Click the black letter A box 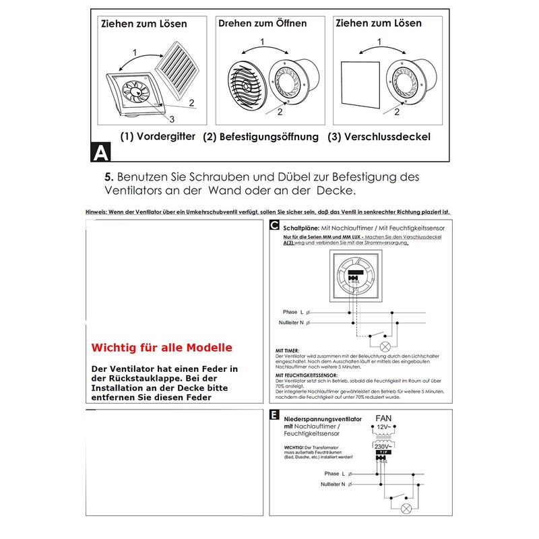point(100,153)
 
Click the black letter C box point(274,226)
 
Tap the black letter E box point(274,416)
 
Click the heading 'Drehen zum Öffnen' point(262,24)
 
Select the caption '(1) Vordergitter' point(158,136)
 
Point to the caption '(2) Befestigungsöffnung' point(261,137)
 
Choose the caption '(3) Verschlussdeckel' point(379,137)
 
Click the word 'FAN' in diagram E point(383,417)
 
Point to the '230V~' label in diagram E point(381,446)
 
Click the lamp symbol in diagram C point(386,347)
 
